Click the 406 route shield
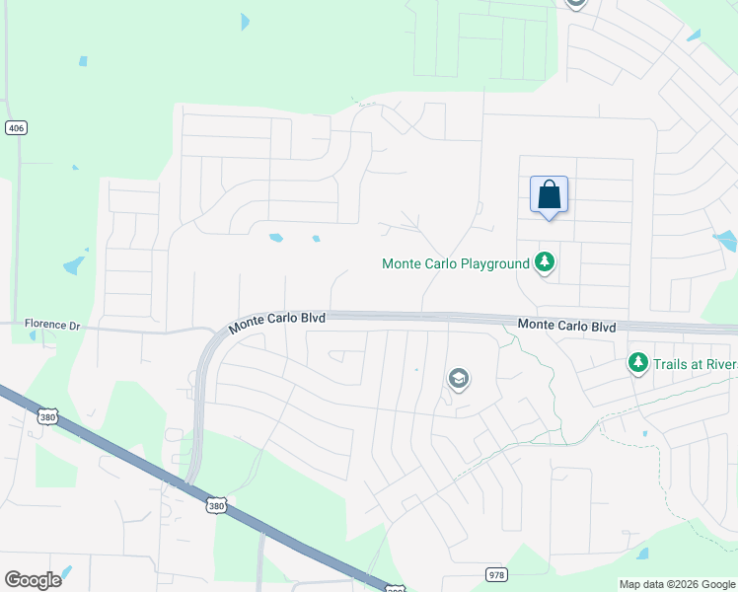[15, 128]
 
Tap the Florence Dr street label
[52, 325]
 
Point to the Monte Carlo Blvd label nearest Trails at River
[566, 326]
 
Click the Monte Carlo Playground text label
[456, 263]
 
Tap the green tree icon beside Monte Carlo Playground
[544, 262]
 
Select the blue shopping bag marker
[550, 194]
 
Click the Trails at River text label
[695, 364]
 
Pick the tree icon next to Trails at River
[638, 364]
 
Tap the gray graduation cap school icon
[458, 378]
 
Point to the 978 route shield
[497, 574]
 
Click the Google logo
[33, 580]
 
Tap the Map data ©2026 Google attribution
[677, 584]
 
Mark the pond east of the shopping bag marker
[726, 240]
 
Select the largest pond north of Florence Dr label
[74, 264]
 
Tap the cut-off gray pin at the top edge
[576, 4]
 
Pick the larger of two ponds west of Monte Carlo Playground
[276, 238]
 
